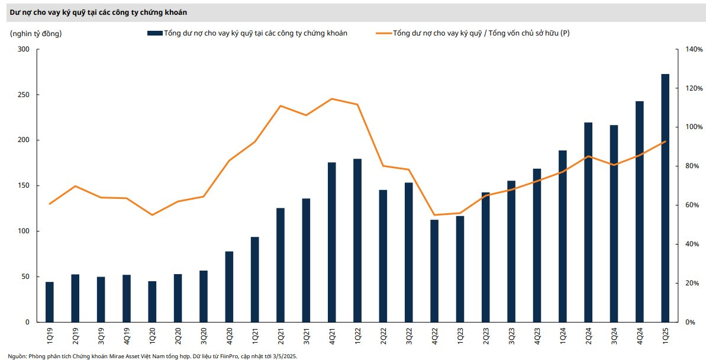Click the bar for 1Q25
[665, 198]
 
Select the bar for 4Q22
[434, 271]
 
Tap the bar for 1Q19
[50, 302]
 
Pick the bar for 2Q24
[588, 223]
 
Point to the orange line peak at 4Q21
[331, 99]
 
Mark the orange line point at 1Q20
[152, 215]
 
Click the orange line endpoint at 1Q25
[665, 142]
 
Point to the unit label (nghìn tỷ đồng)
[36, 34]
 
